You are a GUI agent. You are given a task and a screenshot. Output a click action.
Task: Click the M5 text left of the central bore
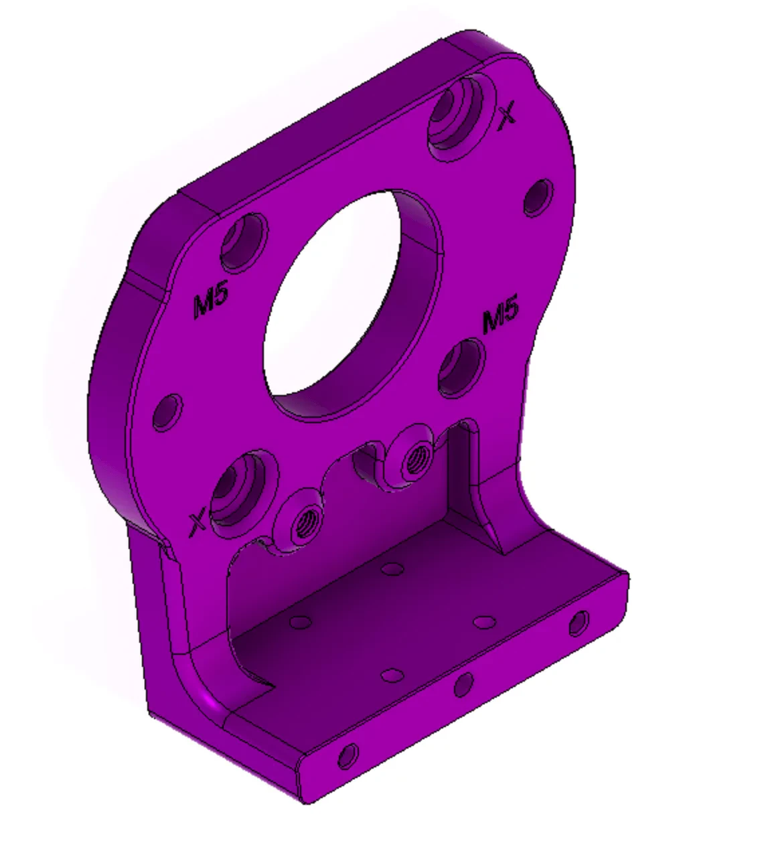(211, 303)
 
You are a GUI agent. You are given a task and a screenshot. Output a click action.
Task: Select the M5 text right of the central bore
(500, 316)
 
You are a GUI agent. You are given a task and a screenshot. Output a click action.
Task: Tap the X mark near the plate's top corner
(508, 113)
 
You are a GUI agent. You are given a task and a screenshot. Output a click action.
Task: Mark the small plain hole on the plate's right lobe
(538, 197)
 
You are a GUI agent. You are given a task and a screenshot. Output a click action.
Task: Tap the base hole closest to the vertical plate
(391, 569)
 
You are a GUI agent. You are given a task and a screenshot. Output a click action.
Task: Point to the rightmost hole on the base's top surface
(483, 622)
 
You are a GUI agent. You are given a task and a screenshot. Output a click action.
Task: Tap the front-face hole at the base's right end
(579, 623)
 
